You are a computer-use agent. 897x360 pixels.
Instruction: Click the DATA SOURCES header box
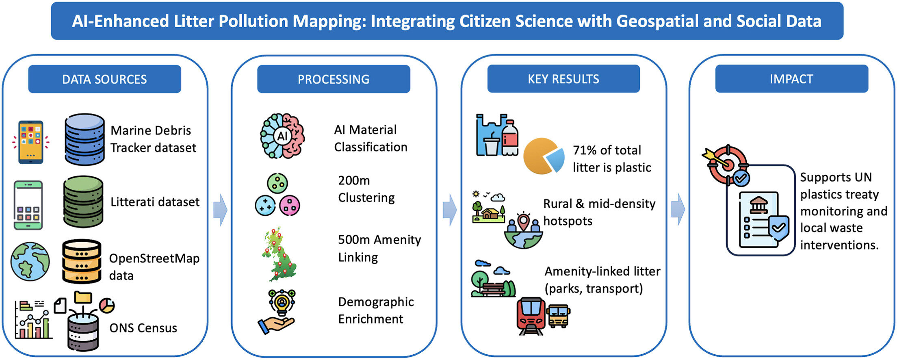104,79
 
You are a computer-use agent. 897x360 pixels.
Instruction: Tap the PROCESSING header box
334,79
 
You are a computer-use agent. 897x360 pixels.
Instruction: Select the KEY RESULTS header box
563,79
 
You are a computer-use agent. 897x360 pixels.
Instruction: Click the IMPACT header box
791,79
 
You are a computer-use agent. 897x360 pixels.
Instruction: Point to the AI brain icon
282,136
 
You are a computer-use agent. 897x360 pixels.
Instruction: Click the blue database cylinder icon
84,139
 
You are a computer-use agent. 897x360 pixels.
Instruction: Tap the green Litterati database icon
83,202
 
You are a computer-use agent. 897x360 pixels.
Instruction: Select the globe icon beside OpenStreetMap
30,262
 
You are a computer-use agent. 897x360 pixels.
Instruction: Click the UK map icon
279,254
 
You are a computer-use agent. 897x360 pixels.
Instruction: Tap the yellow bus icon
558,316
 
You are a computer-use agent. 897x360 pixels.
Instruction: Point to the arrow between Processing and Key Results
450,210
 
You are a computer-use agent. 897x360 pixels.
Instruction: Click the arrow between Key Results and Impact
678,209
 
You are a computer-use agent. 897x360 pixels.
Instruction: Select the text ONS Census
143,328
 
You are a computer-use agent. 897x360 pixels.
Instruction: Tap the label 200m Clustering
366,189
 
